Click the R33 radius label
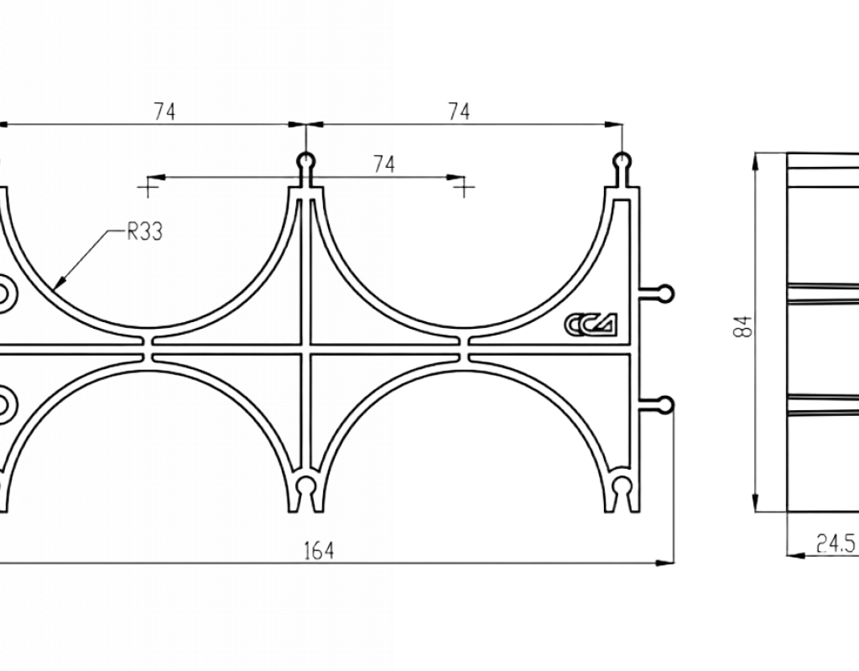pyautogui.click(x=144, y=231)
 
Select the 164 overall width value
pyautogui.click(x=318, y=550)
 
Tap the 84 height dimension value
pyautogui.click(x=746, y=327)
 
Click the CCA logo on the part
pyautogui.click(x=591, y=324)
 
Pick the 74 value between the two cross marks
pyautogui.click(x=383, y=164)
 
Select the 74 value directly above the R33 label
pyautogui.click(x=164, y=112)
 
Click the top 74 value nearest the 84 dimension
pyautogui.click(x=459, y=112)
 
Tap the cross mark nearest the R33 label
pyautogui.click(x=147, y=188)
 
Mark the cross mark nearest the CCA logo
pyautogui.click(x=464, y=188)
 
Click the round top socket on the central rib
pyautogui.click(x=305, y=161)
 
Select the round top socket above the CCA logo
pyautogui.click(x=622, y=161)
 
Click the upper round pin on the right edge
pyautogui.click(x=665, y=293)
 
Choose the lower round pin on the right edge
pyautogui.click(x=665, y=404)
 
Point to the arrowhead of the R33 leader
pyautogui.click(x=60, y=282)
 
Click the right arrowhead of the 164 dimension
pyautogui.click(x=665, y=562)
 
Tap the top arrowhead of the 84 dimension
pyautogui.click(x=755, y=162)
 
